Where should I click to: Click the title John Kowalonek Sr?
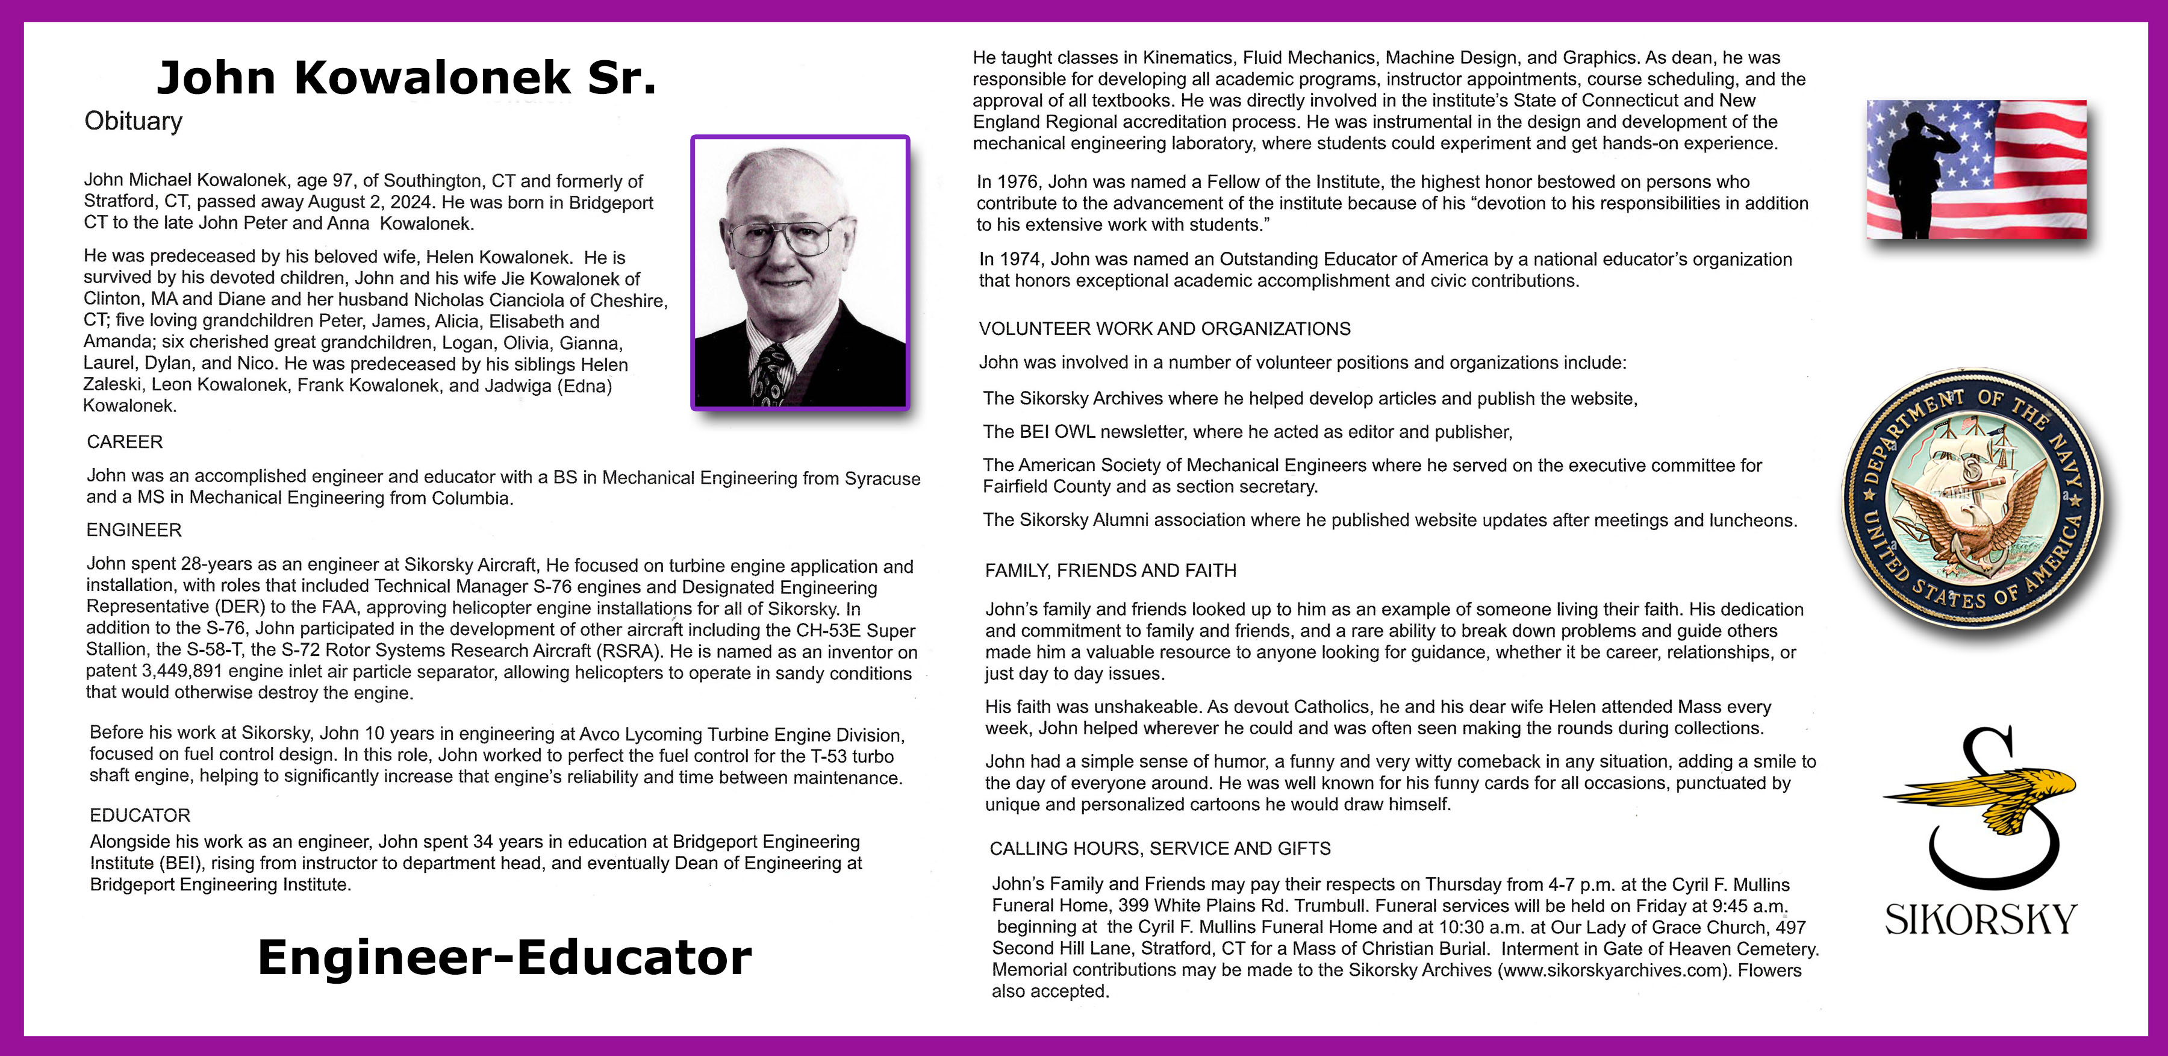(406, 78)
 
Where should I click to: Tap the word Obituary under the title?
(133, 121)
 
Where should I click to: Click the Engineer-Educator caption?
(504, 957)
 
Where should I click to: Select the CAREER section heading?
(125, 442)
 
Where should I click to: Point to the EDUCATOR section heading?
(140, 815)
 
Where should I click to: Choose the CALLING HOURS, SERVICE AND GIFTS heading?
(1160, 849)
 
